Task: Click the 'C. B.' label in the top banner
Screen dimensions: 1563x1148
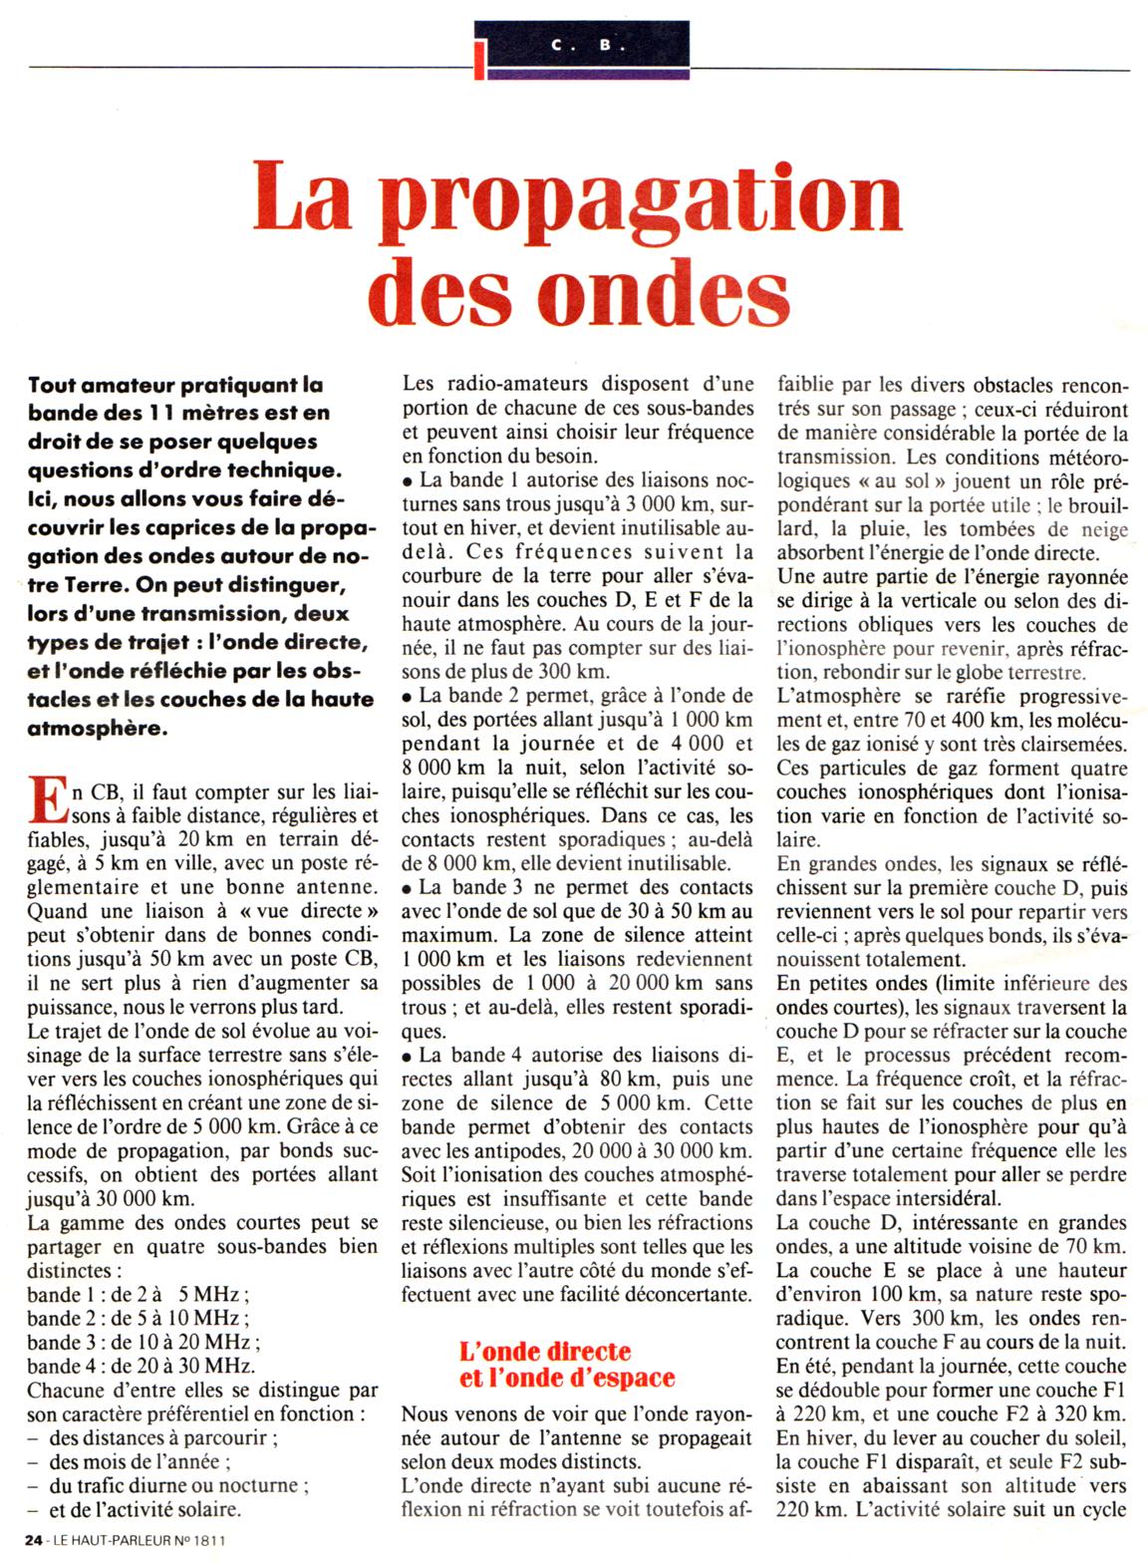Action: pyautogui.click(x=583, y=46)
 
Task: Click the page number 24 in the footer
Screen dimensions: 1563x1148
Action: pyautogui.click(x=35, y=1540)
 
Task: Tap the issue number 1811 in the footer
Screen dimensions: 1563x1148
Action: pyautogui.click(x=209, y=1540)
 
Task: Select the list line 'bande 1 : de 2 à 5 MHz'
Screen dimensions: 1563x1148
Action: pyautogui.click(x=138, y=1295)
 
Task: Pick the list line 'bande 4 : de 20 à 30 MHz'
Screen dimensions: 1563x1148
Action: pyautogui.click(x=142, y=1366)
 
